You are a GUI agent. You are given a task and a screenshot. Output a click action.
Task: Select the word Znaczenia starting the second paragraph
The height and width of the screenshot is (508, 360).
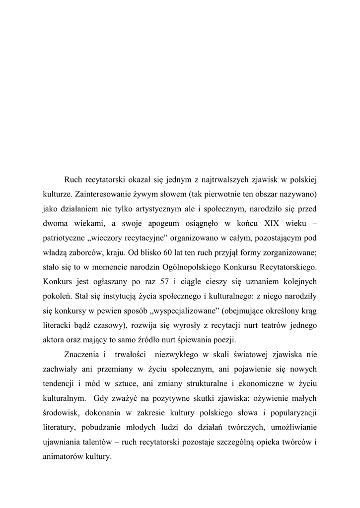click(x=83, y=355)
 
